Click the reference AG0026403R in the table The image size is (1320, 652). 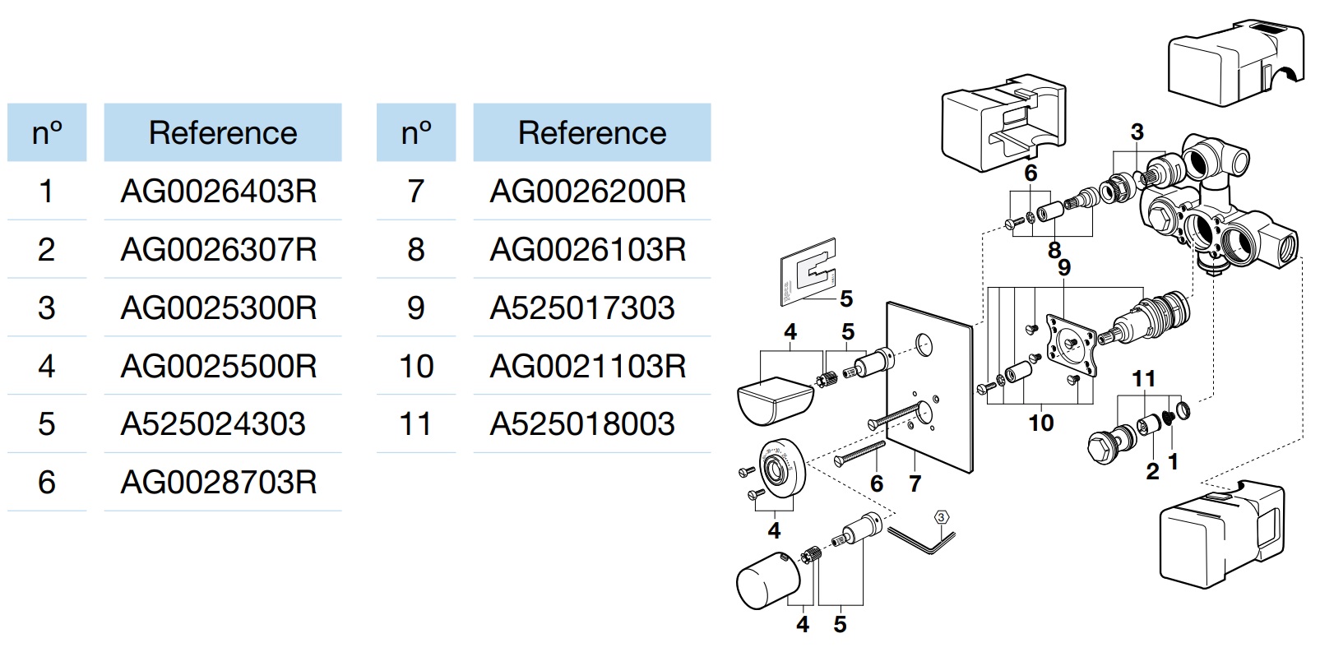tap(219, 192)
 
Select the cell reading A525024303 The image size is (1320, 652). tap(213, 424)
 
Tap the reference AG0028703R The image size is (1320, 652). tap(219, 483)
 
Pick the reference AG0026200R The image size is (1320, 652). tap(588, 192)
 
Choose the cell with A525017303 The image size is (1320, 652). tap(582, 308)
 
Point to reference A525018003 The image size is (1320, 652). tap(582, 424)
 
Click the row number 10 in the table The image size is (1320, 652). tap(416, 367)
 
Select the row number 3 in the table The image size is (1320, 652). tap(47, 308)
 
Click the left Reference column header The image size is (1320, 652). tap(223, 132)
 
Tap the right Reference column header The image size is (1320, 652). tap(592, 132)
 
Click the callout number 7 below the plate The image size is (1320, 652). tap(915, 483)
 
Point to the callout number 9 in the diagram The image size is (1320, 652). tap(1063, 267)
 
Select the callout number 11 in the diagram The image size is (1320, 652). tap(1144, 379)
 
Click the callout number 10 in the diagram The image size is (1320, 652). tap(1040, 423)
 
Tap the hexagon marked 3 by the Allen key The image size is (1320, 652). tap(941, 517)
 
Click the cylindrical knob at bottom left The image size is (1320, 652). tap(768, 580)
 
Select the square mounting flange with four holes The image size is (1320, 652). tap(1072, 345)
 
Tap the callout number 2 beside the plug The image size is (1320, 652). tap(1153, 471)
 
